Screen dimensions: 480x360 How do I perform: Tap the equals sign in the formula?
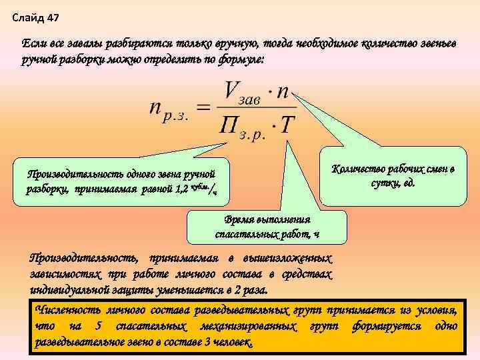click(x=205, y=108)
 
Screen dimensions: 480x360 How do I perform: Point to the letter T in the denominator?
click(x=285, y=125)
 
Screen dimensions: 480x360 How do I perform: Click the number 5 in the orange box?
click(x=99, y=327)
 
